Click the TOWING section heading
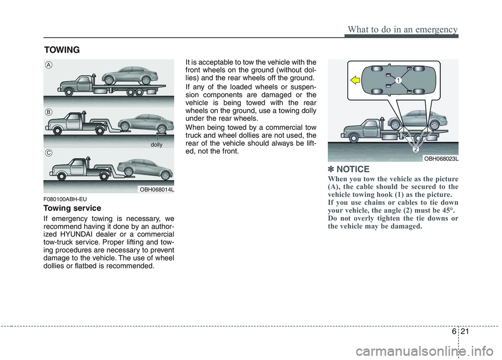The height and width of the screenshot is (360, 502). [62, 50]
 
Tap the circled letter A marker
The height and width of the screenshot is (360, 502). [48, 65]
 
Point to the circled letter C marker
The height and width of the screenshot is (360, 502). [48, 153]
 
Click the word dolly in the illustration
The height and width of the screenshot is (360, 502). [156, 144]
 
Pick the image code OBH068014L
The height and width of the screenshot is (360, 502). [156, 190]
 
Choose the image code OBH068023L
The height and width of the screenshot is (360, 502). [441, 158]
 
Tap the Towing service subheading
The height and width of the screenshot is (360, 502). [73, 208]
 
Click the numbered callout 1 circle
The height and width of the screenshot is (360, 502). [397, 80]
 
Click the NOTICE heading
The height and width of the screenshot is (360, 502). [352, 169]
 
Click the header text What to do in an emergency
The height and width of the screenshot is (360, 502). [401, 29]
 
